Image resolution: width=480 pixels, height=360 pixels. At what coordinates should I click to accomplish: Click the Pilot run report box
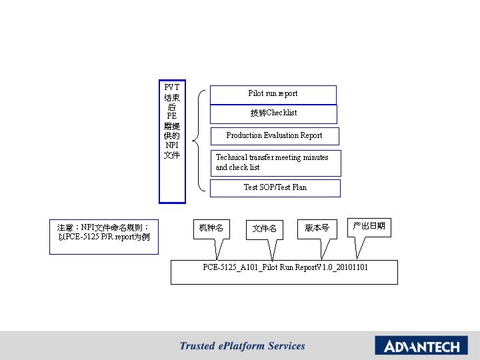tap(273, 94)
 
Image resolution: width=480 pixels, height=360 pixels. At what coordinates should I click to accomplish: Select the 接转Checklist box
tap(273, 113)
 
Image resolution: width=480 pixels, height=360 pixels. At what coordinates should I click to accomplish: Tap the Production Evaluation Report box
tap(274, 136)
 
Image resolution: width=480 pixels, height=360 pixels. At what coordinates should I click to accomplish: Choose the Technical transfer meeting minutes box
tap(275, 163)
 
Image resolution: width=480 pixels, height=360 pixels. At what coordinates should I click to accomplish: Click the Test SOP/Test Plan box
tap(275, 188)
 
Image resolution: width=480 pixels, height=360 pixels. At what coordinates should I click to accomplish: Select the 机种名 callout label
tap(211, 229)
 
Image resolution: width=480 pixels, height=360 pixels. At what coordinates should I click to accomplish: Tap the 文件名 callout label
tap(264, 229)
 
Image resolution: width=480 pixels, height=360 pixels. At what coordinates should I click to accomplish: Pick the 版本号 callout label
tap(317, 228)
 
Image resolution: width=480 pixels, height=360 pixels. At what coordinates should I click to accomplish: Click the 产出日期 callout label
tap(369, 227)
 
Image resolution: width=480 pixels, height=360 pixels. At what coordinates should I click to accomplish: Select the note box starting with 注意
tap(104, 237)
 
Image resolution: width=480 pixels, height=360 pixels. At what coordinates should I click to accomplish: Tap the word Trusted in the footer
tap(197, 346)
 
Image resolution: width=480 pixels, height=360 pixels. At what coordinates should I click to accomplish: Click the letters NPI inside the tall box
tap(172, 145)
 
